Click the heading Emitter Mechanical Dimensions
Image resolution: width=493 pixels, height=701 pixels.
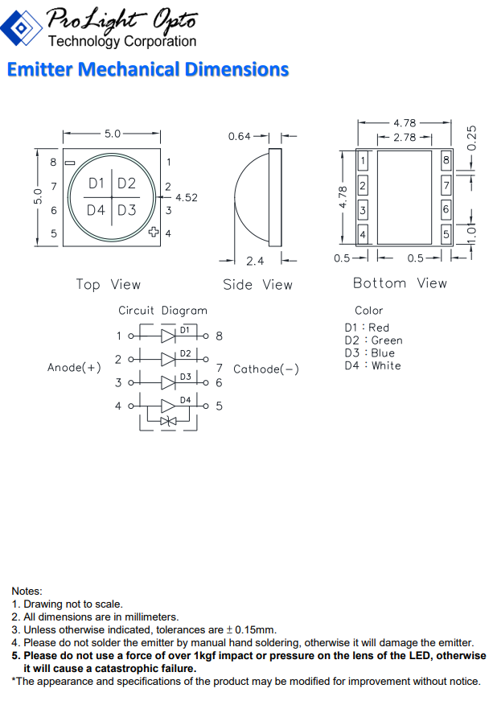click(x=148, y=70)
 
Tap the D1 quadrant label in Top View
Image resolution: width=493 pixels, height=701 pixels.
click(x=97, y=183)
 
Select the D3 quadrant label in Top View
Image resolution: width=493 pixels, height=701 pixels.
click(x=127, y=210)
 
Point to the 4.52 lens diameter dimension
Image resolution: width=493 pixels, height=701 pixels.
click(x=186, y=197)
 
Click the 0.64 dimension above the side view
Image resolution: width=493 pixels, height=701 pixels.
click(x=240, y=137)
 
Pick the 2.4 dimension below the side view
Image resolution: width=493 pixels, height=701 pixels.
click(x=255, y=261)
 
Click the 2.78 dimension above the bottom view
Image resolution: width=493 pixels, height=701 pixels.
click(x=405, y=138)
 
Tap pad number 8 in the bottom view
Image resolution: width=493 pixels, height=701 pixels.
click(x=446, y=162)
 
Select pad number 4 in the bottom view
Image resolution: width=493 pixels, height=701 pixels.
click(x=363, y=235)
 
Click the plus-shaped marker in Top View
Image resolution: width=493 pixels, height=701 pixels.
click(x=154, y=233)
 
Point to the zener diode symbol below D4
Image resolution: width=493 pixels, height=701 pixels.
click(x=167, y=421)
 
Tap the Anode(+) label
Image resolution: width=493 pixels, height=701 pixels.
click(x=74, y=367)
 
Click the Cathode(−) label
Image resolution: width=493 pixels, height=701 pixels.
click(x=266, y=369)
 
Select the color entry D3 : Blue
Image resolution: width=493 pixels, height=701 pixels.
click(x=369, y=353)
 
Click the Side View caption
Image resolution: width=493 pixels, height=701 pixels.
click(x=257, y=285)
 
